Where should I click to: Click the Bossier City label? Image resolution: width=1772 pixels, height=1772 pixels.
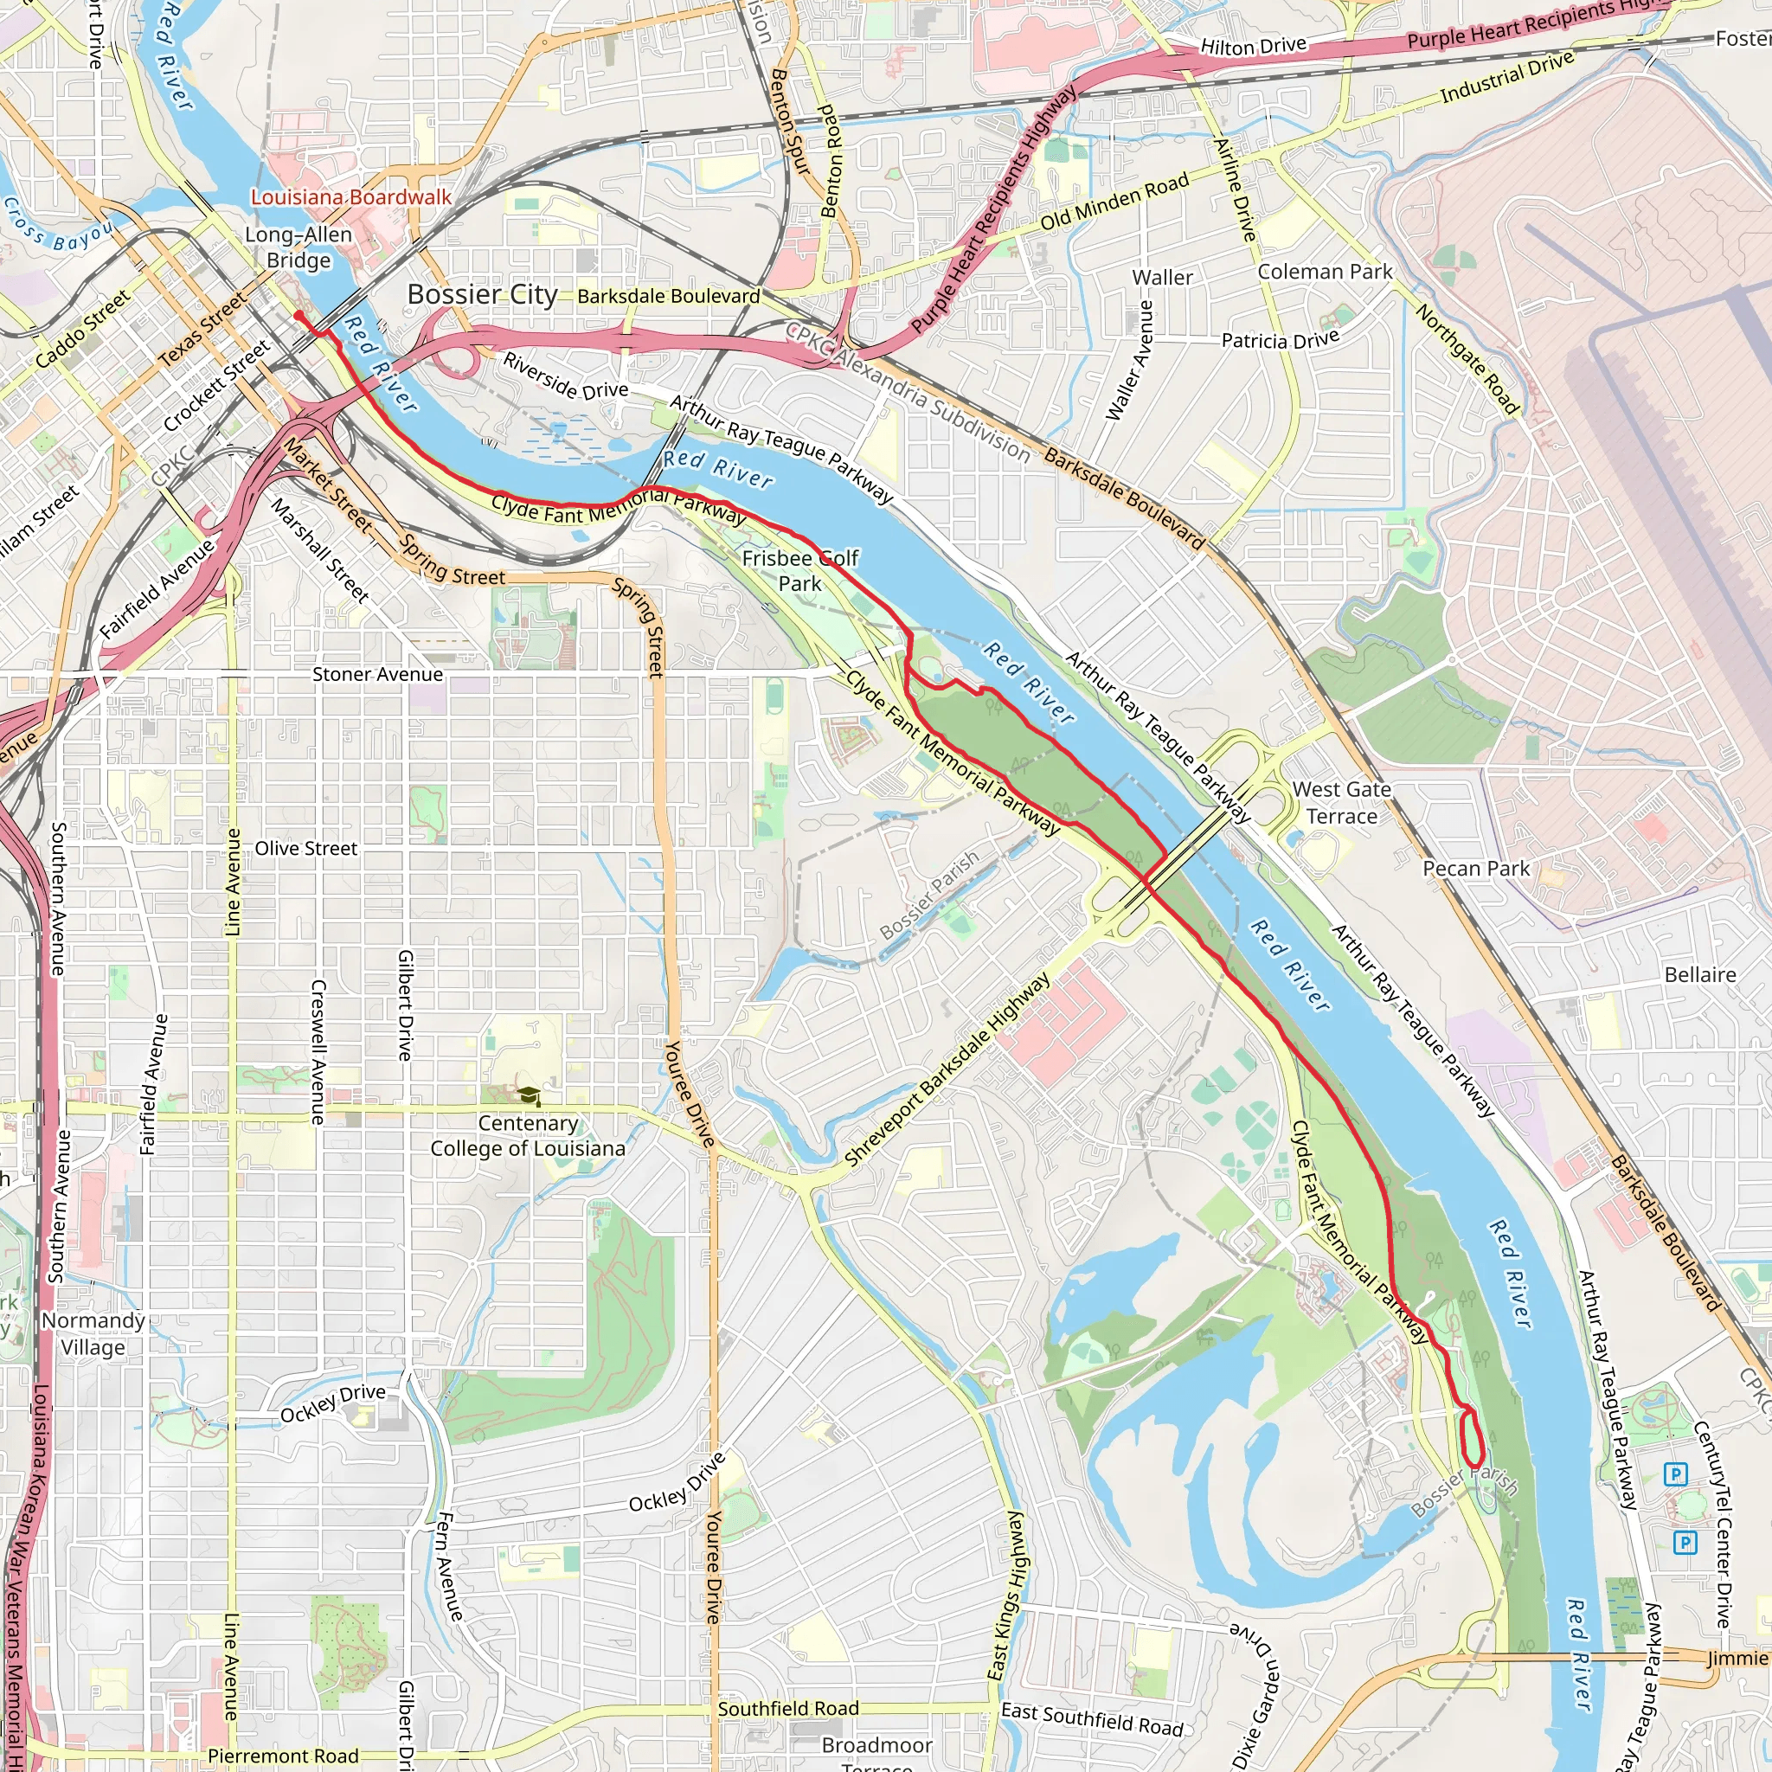point(483,294)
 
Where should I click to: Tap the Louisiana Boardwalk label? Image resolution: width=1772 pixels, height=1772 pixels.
point(351,197)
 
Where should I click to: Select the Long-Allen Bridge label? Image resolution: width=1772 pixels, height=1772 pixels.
point(299,247)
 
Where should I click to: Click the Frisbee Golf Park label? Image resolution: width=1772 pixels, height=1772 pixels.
point(799,570)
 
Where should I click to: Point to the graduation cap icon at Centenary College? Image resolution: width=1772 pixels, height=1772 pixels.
point(530,1096)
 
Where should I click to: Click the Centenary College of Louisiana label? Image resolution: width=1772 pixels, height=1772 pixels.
point(529,1136)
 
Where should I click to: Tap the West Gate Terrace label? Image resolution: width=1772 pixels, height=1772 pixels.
point(1341,803)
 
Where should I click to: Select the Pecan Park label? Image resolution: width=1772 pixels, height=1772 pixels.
point(1476,869)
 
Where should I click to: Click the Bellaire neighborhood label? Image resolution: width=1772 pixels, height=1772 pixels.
point(1699,975)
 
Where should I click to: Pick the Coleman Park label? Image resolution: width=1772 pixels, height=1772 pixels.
point(1325,272)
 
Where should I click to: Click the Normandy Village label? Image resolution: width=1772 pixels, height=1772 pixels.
point(93,1333)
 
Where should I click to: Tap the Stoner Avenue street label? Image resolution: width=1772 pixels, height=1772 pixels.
point(377,674)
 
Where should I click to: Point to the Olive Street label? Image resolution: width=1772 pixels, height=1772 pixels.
point(305,849)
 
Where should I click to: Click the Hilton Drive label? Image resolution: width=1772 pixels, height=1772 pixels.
point(1253,46)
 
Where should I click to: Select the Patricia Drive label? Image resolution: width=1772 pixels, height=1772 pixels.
point(1280,340)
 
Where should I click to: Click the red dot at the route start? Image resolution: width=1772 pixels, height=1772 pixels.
point(299,316)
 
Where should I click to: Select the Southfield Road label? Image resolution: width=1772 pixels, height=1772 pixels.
point(788,1709)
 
